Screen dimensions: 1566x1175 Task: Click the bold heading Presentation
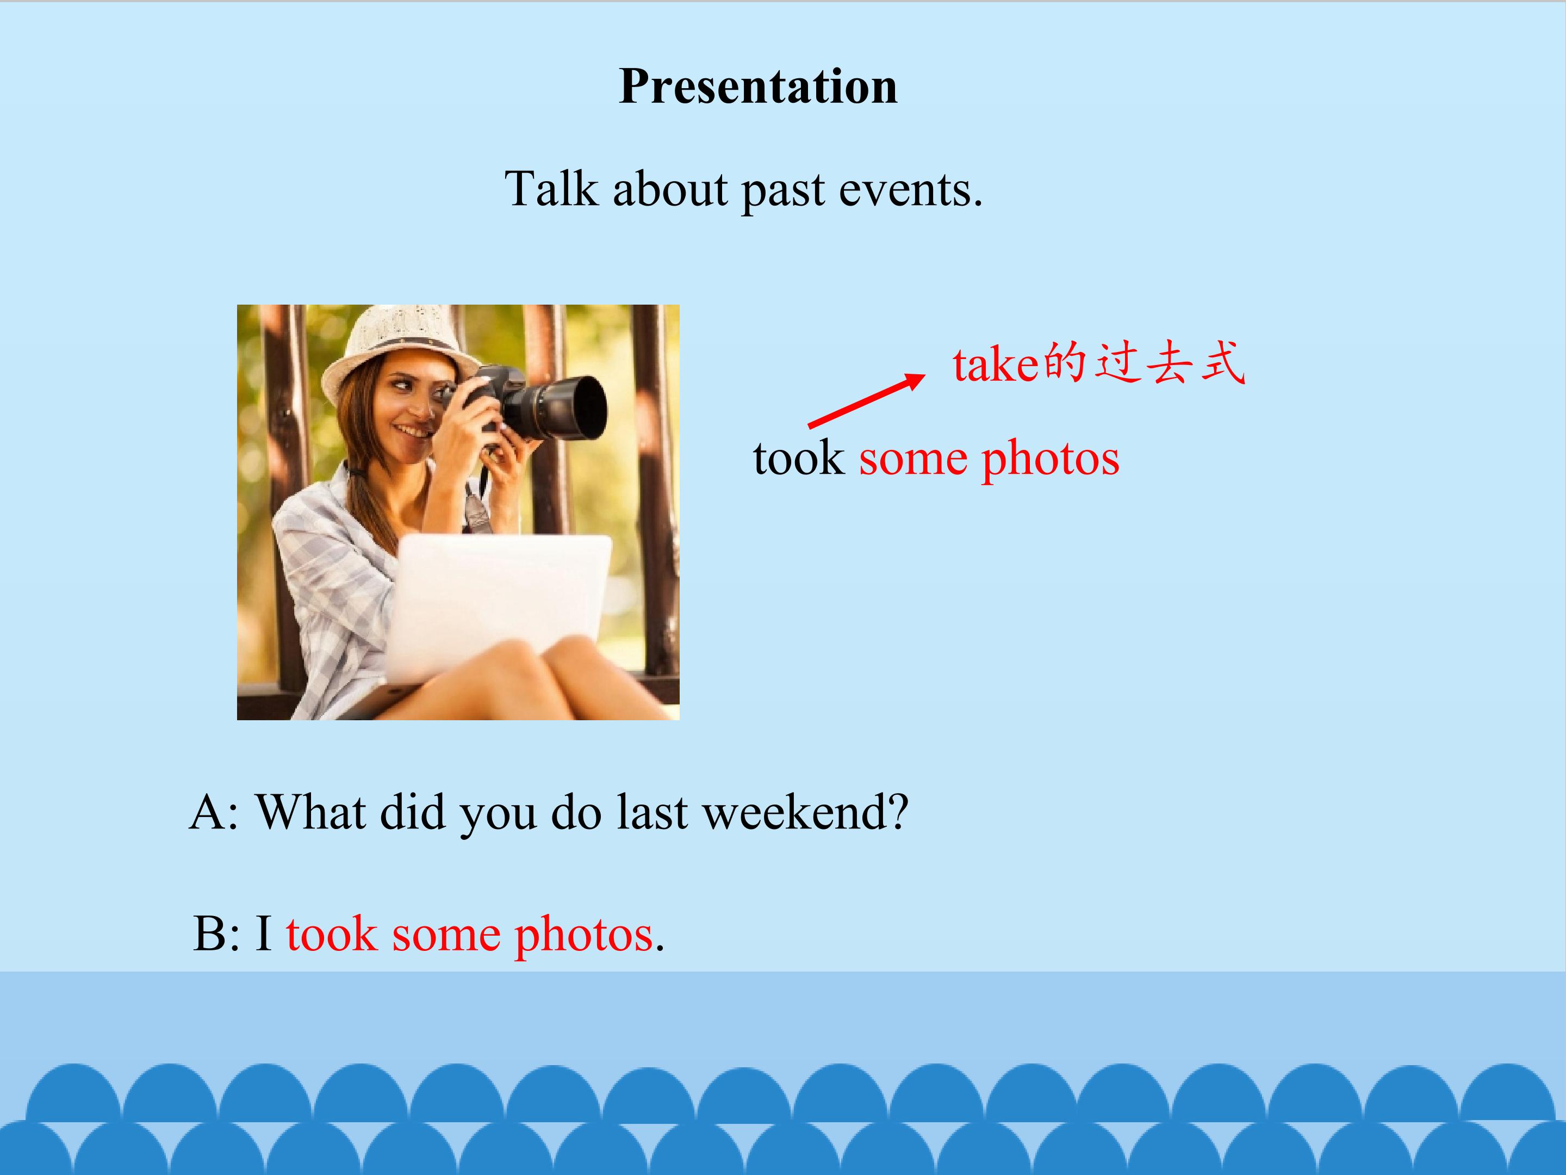(758, 86)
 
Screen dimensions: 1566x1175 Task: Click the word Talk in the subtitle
(551, 189)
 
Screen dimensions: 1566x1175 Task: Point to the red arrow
(867, 401)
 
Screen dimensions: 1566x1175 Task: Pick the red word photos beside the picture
(1051, 460)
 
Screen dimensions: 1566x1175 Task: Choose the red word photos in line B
(583, 936)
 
